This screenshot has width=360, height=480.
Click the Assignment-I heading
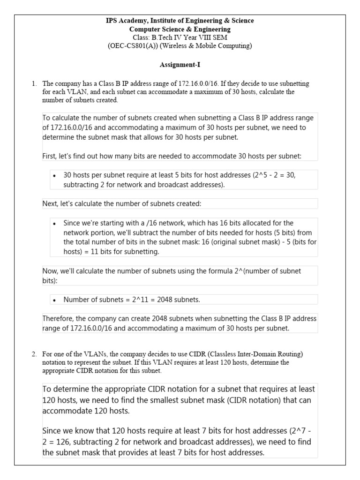[180, 65]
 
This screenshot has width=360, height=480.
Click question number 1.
[34, 84]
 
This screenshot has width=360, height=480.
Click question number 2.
[34, 354]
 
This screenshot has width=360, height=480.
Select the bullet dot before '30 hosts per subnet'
[55, 176]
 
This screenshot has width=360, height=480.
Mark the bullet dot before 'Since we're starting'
[55, 224]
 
